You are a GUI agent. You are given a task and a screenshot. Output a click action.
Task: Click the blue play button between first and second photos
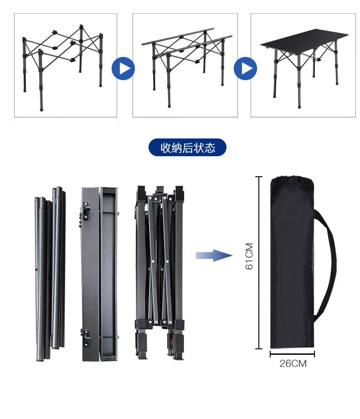pyautogui.click(x=123, y=68)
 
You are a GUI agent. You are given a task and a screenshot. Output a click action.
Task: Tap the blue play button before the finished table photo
pyautogui.click(x=245, y=68)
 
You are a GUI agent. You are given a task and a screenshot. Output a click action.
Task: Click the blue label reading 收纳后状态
pyautogui.click(x=187, y=147)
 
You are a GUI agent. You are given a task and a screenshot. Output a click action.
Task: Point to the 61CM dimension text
pyautogui.click(x=249, y=256)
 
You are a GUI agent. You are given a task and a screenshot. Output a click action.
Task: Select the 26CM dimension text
pyautogui.click(x=293, y=363)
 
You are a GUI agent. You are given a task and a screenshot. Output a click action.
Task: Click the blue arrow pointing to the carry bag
pyautogui.click(x=214, y=255)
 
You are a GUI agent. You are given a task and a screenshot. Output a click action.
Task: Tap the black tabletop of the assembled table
pyautogui.click(x=304, y=41)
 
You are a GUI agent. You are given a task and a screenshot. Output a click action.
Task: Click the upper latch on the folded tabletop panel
pyautogui.click(x=86, y=210)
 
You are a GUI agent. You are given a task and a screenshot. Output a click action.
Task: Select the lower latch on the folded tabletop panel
pyautogui.click(x=86, y=338)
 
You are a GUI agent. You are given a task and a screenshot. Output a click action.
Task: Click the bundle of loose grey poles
pyautogui.click(x=50, y=274)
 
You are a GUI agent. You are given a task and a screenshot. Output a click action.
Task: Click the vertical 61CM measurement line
pyautogui.click(x=259, y=263)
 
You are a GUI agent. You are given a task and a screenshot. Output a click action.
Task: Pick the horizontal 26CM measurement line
pyautogui.click(x=293, y=354)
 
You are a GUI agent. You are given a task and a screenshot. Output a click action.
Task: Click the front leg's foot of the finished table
pyautogui.click(x=299, y=106)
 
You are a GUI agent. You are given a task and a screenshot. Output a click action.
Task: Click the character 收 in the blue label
pyautogui.click(x=165, y=148)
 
